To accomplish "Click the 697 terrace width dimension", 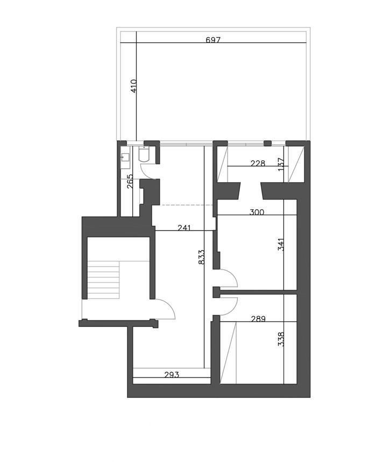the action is (x=212, y=40).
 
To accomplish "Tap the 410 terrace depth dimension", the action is (x=133, y=86).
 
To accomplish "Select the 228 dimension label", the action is (x=258, y=163).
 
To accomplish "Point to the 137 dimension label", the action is (x=281, y=165).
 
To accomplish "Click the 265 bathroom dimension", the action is (x=130, y=181).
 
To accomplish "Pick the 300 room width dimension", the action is (x=257, y=212).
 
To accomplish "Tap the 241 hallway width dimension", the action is (x=184, y=228).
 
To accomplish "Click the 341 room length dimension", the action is (x=281, y=244).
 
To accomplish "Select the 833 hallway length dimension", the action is (x=201, y=257).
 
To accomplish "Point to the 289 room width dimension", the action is (x=258, y=318).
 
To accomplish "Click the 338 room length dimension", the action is (x=281, y=339).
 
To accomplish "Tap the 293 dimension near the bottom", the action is (x=172, y=374).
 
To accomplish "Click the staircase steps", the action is (x=103, y=280).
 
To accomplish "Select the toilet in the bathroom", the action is (x=144, y=155).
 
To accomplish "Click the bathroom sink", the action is (x=125, y=158).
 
